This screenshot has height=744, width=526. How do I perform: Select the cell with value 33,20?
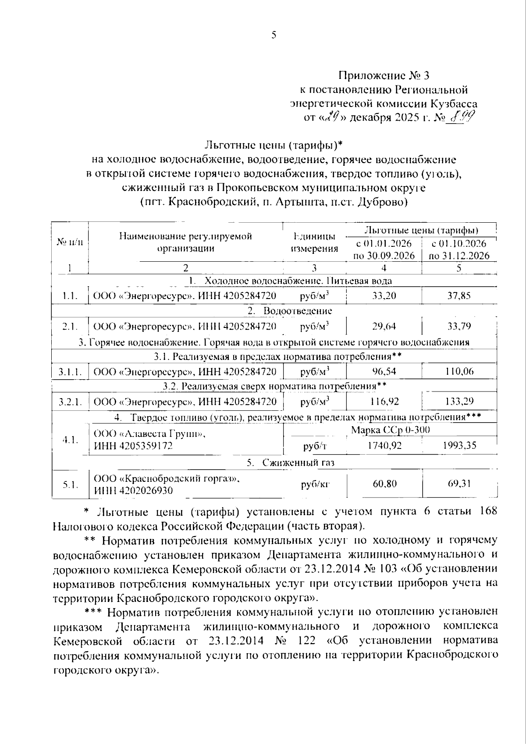click(x=384, y=296)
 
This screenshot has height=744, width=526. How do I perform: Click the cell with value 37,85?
click(x=459, y=296)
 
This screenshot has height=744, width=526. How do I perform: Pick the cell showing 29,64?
click(x=384, y=326)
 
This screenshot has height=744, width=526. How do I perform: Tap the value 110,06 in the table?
click(x=459, y=372)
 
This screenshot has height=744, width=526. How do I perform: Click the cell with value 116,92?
click(x=384, y=401)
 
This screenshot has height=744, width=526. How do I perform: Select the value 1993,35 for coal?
click(x=459, y=445)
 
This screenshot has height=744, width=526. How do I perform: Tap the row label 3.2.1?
click(x=70, y=401)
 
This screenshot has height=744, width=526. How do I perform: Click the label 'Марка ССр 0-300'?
click(x=390, y=430)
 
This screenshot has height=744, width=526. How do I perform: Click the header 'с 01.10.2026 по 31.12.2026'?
click(x=459, y=249)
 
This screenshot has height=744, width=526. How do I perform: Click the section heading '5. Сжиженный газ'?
click(x=291, y=462)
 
